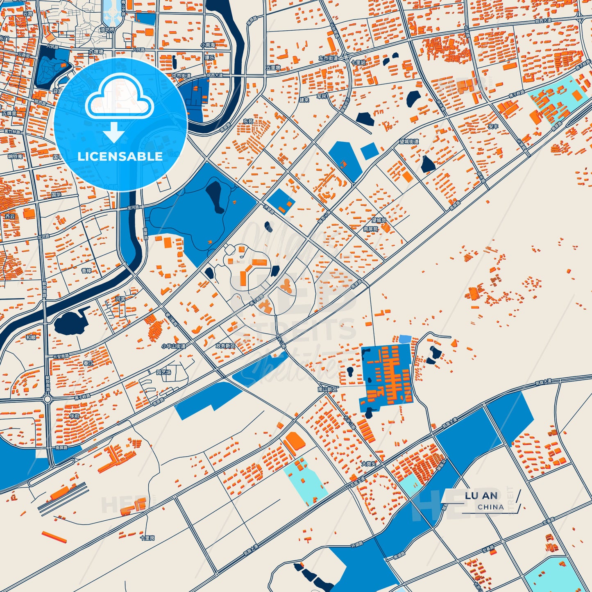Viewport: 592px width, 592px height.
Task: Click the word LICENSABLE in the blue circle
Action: pyautogui.click(x=120, y=157)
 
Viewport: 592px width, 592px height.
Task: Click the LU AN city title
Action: pyautogui.click(x=481, y=496)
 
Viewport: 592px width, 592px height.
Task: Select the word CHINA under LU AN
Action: pyautogui.click(x=490, y=507)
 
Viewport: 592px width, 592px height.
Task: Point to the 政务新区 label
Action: pyautogui.click(x=226, y=346)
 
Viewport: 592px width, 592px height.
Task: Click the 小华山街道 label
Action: pyautogui.click(x=173, y=346)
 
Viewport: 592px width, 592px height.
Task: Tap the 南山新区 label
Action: pyautogui.click(x=327, y=389)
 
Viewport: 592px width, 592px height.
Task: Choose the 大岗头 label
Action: pyautogui.click(x=369, y=464)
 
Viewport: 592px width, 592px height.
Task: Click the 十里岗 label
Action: pyautogui.click(x=147, y=538)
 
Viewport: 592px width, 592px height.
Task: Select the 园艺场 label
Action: pyautogui.click(x=163, y=372)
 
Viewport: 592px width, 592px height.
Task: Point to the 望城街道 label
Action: pyautogui.click(x=409, y=142)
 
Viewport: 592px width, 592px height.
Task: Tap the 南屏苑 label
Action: pyautogui.click(x=370, y=229)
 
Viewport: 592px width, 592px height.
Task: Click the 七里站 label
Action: pyautogui.click(x=358, y=62)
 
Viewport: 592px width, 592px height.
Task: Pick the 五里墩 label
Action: pyautogui.click(x=273, y=68)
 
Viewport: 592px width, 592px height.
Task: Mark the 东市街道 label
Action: pyautogui.click(x=328, y=59)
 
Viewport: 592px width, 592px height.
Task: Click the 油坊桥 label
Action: pyautogui.click(x=107, y=29)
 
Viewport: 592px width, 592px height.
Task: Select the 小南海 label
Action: pyautogui.click(x=208, y=45)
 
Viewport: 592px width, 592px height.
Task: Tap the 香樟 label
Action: pyautogui.click(x=86, y=271)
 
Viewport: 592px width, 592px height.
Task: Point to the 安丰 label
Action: pyautogui.click(x=493, y=127)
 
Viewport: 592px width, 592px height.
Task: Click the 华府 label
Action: pyautogui.click(x=74, y=416)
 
